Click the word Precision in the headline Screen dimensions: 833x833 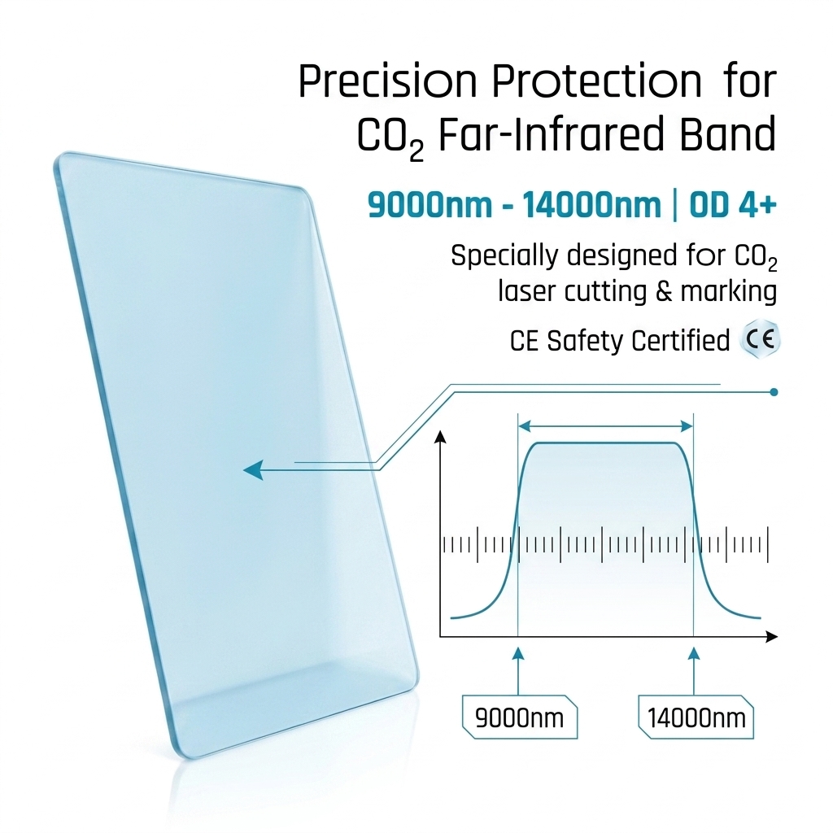click(x=388, y=81)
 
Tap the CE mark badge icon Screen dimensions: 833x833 click(x=761, y=339)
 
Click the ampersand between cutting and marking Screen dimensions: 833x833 click(x=664, y=291)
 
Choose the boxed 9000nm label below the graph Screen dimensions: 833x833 click(x=520, y=717)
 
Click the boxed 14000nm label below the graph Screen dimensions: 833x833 click(x=696, y=717)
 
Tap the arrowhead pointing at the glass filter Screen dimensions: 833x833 click(x=253, y=469)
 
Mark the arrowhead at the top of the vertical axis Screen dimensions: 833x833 click(x=440, y=436)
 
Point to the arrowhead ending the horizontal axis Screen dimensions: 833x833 click(x=771, y=636)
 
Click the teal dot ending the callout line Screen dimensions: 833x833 click(x=774, y=392)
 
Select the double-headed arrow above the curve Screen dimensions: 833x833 click(x=605, y=426)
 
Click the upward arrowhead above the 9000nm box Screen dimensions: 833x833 click(x=518, y=653)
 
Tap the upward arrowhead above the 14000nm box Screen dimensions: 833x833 click(x=693, y=653)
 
